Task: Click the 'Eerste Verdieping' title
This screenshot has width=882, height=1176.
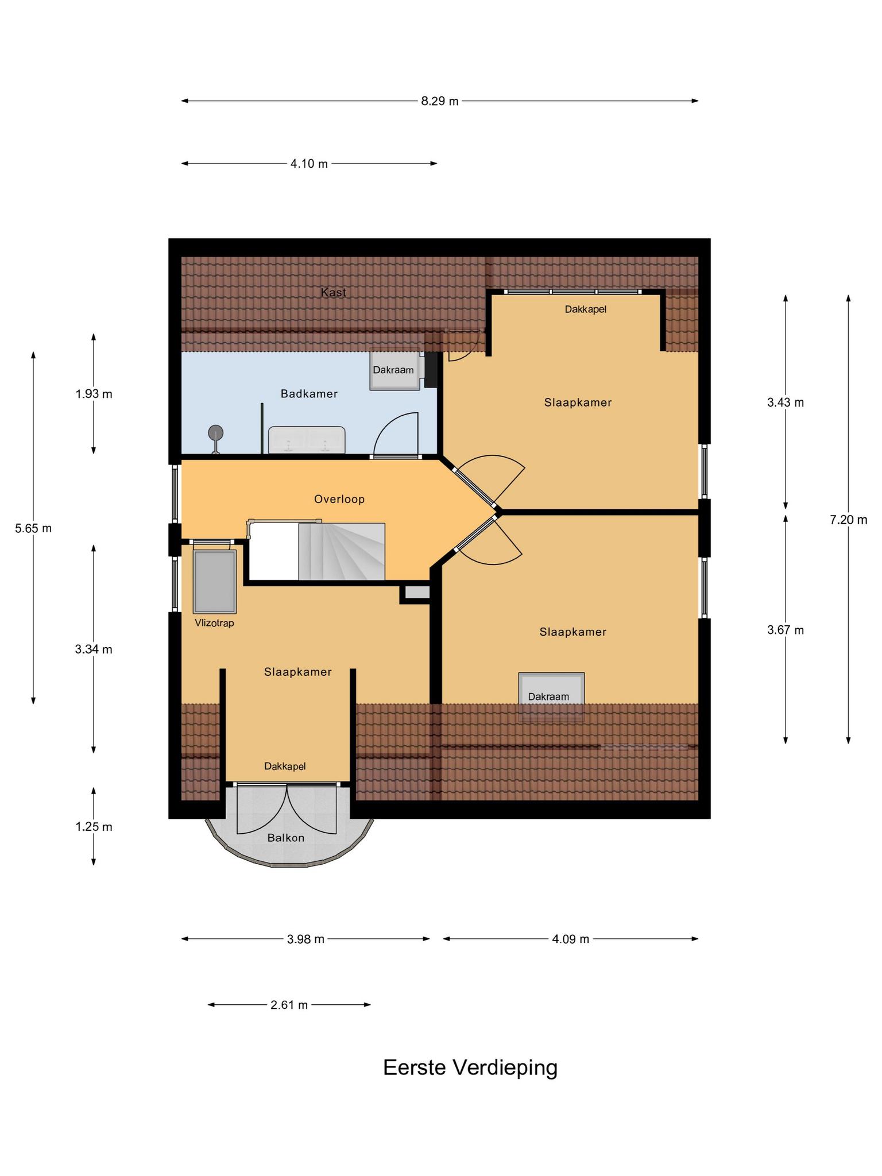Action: tap(470, 1067)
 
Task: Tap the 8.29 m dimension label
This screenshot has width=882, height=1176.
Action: tap(440, 101)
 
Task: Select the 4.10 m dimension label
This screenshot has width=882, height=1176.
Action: tap(309, 164)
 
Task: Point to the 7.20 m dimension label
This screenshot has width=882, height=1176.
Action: tap(849, 520)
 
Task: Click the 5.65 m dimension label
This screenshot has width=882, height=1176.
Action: tap(33, 528)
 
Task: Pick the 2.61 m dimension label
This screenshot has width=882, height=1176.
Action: tap(289, 1005)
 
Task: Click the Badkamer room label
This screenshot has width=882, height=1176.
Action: tap(309, 394)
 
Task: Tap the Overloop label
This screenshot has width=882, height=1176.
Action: tap(339, 500)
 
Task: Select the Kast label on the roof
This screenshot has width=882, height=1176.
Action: tap(334, 292)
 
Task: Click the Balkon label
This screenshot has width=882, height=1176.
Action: tap(286, 838)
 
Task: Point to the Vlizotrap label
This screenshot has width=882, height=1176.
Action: tap(214, 623)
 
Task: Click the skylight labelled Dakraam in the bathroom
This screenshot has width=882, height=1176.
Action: tap(394, 369)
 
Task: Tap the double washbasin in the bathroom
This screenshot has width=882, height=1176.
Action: tap(307, 440)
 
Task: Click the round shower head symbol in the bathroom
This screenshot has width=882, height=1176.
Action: tap(216, 432)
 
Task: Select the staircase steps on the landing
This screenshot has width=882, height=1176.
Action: tap(341, 551)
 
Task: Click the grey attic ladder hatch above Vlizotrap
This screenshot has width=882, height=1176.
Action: tap(215, 582)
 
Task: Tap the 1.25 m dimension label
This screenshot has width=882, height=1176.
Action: tap(94, 827)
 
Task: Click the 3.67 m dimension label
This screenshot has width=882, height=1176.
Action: tap(786, 630)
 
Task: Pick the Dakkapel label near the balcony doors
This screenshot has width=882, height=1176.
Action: tap(285, 766)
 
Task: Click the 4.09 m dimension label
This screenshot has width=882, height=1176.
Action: tap(571, 939)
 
